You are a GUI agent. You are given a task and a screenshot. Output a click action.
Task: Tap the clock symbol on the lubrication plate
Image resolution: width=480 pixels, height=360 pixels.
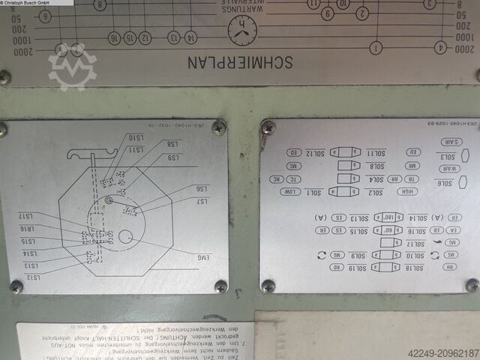click(241, 30)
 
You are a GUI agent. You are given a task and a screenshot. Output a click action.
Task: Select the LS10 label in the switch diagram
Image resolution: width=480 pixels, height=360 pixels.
click(136, 137)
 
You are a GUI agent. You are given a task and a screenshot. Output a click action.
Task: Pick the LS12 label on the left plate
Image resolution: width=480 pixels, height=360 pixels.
click(31, 277)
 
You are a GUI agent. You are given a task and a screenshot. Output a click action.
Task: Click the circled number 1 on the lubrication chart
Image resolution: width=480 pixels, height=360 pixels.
click(375, 49)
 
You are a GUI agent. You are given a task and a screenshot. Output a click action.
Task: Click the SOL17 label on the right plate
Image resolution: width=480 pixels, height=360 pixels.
click(413, 243)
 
